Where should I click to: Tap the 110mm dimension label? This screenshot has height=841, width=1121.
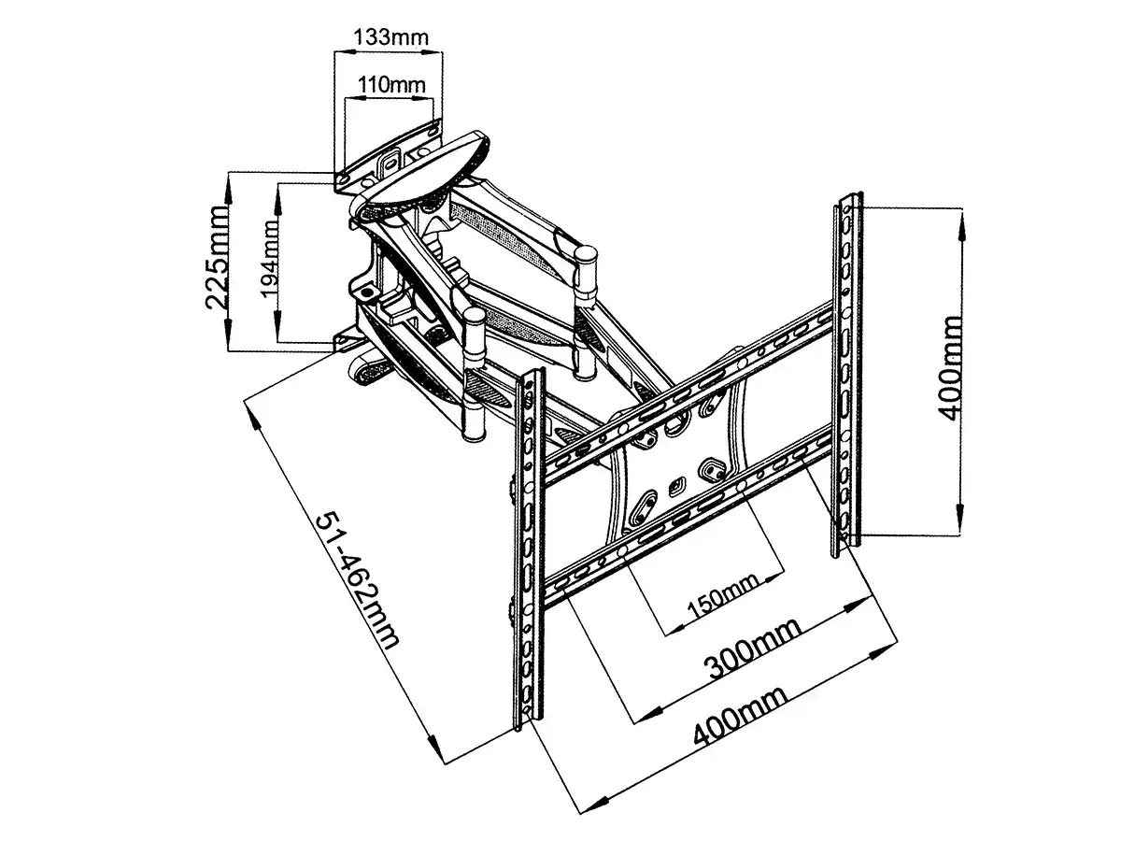(390, 84)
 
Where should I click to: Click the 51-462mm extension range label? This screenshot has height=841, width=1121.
(358, 579)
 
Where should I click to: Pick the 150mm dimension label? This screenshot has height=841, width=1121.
(721, 597)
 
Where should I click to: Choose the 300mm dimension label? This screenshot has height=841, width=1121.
(752, 649)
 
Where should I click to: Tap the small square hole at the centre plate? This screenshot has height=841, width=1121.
(674, 485)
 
